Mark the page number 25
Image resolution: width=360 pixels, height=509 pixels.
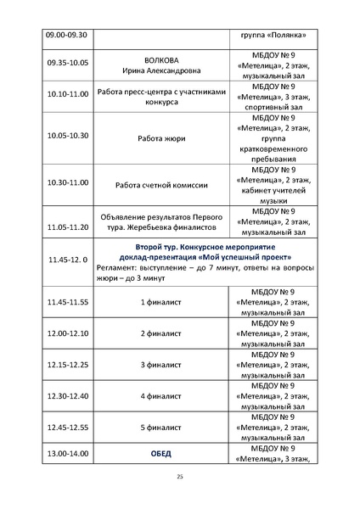coord(180,478)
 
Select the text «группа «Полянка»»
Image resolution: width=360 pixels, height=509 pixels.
coord(268,35)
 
